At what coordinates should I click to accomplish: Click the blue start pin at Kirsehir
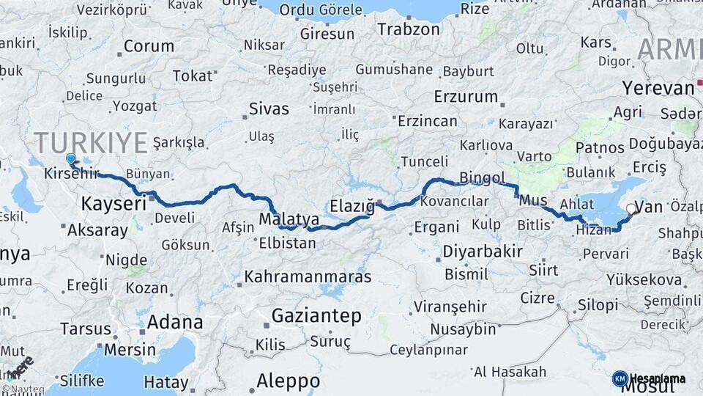point(71,159)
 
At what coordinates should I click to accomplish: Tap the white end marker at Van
point(631,209)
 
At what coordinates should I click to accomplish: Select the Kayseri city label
point(114,203)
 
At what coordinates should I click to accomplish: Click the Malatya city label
point(289,219)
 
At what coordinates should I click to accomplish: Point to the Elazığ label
point(352,206)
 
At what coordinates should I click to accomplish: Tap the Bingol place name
point(482,178)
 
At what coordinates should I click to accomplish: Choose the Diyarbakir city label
point(482,252)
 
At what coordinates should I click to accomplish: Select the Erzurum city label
point(466,97)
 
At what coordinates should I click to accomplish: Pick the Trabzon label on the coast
point(409,29)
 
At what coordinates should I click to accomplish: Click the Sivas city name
point(269,109)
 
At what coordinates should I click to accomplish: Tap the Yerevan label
point(658,88)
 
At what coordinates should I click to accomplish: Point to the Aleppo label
point(288,381)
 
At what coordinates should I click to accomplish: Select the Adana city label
point(175,322)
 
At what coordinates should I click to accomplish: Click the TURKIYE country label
point(91,142)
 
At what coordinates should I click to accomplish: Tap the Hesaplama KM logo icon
point(620,378)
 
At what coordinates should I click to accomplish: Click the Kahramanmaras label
point(308,277)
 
